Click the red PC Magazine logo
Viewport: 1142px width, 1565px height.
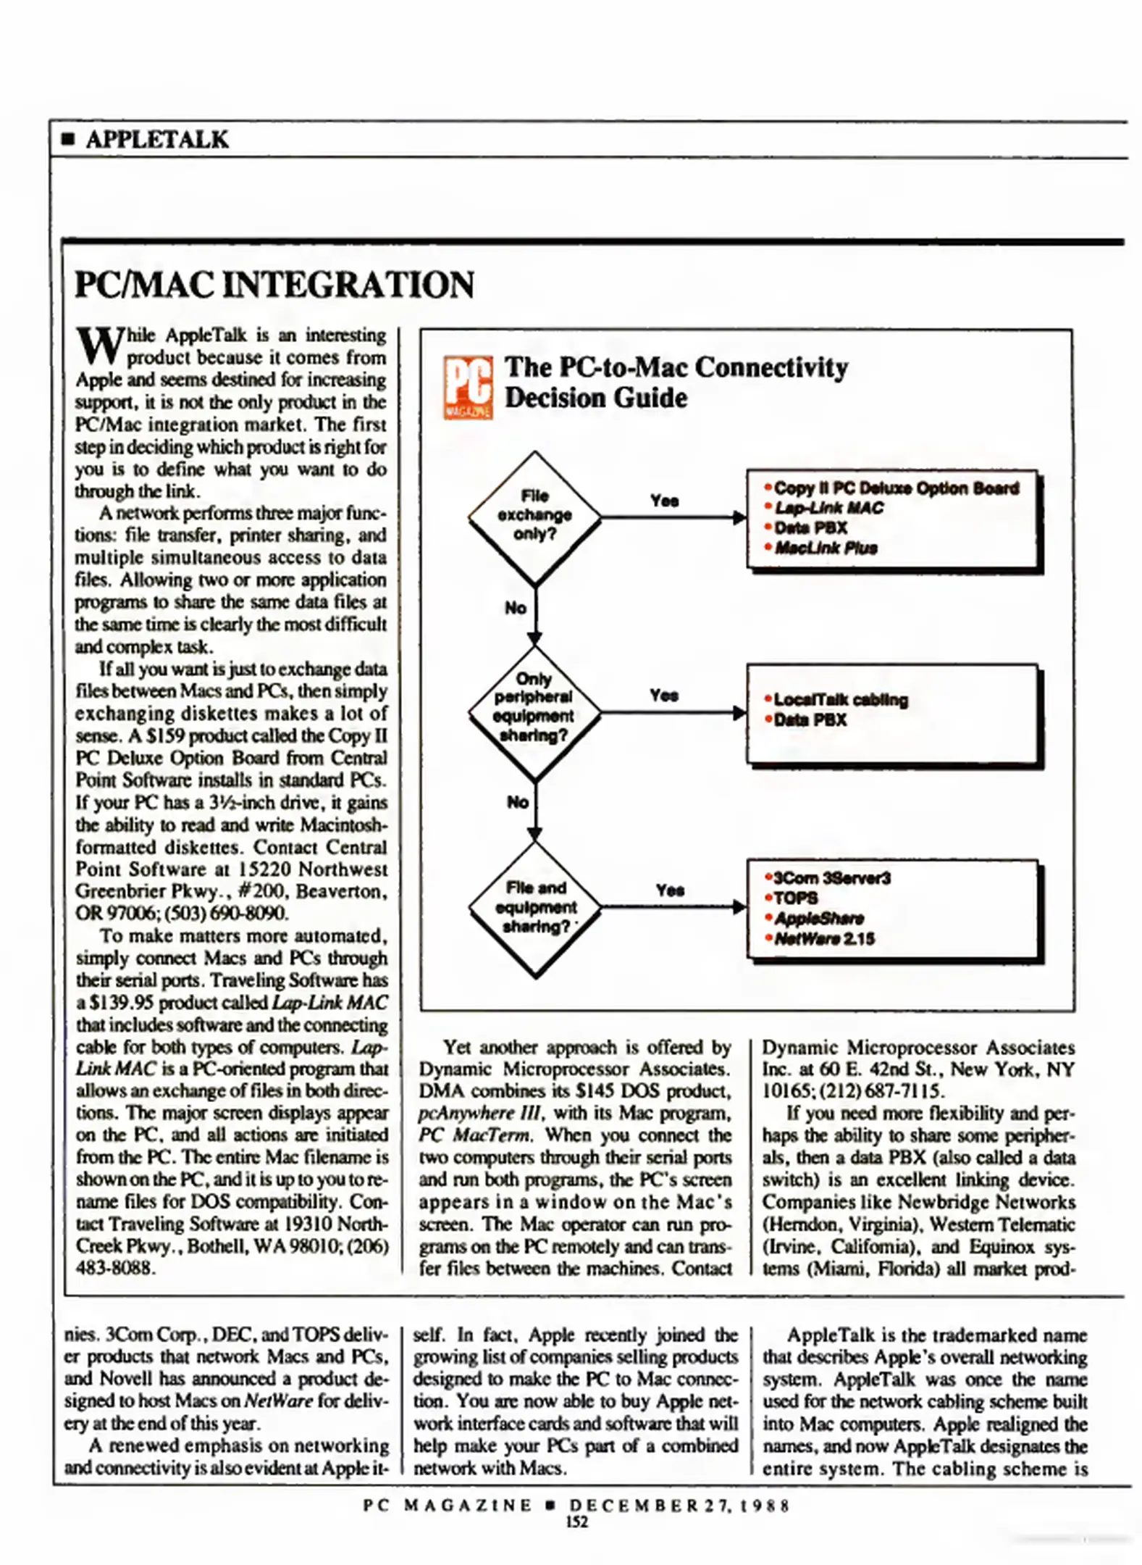[467, 387]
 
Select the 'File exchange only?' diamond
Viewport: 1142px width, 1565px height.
[534, 517]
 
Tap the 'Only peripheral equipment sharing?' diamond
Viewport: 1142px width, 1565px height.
[534, 711]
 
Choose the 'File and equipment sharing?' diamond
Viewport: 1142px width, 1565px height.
[534, 907]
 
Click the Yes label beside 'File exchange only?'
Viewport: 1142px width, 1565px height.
[664, 501]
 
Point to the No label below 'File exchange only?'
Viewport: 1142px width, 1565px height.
[516, 608]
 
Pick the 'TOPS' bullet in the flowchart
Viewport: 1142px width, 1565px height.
[796, 898]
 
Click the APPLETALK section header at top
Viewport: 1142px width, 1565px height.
[156, 139]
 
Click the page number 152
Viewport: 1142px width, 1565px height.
[576, 1522]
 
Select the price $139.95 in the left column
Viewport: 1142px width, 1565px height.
[120, 1003]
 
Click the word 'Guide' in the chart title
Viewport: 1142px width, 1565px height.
[656, 398]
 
